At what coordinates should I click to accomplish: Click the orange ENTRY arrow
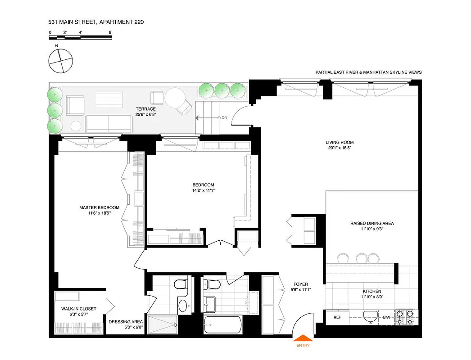(x=302, y=337)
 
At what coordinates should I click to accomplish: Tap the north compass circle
(x=60, y=61)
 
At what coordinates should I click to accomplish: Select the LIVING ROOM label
(x=340, y=143)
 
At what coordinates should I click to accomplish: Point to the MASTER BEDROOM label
(x=99, y=207)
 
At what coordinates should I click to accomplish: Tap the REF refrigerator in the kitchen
(x=337, y=317)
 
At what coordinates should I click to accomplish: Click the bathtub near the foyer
(x=222, y=324)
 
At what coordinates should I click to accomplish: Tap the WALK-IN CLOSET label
(x=79, y=309)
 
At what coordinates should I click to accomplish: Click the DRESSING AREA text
(x=126, y=322)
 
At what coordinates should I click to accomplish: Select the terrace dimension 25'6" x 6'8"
(x=146, y=115)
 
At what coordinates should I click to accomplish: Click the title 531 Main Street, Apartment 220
(x=96, y=22)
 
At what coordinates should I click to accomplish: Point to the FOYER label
(x=300, y=284)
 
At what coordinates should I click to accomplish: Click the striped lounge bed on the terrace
(x=108, y=99)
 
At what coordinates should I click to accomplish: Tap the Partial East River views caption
(x=369, y=72)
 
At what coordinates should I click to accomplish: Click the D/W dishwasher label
(x=386, y=317)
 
